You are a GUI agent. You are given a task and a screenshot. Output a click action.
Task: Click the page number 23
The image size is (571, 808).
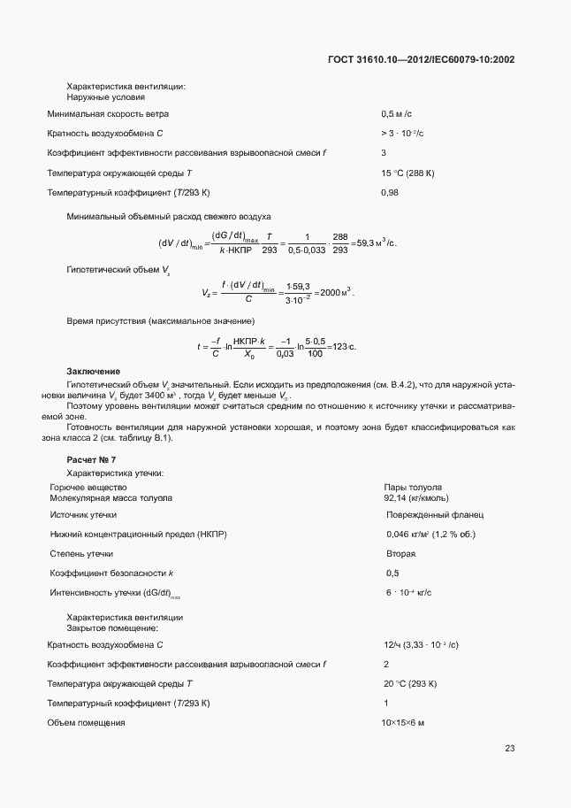(x=509, y=749)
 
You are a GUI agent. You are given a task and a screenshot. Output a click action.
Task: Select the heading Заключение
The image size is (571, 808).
(x=94, y=371)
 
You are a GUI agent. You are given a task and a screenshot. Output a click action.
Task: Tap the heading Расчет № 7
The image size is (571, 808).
(x=91, y=460)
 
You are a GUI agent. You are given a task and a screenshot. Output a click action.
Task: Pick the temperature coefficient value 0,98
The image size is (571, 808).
(x=390, y=192)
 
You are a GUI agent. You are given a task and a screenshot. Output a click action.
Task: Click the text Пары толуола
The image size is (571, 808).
(x=413, y=488)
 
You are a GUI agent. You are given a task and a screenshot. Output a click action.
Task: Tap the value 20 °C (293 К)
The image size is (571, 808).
(x=411, y=684)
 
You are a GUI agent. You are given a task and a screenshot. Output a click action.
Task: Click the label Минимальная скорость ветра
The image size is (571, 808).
(x=108, y=114)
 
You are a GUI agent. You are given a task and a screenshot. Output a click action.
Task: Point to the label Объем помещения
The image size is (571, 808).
(x=86, y=723)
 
